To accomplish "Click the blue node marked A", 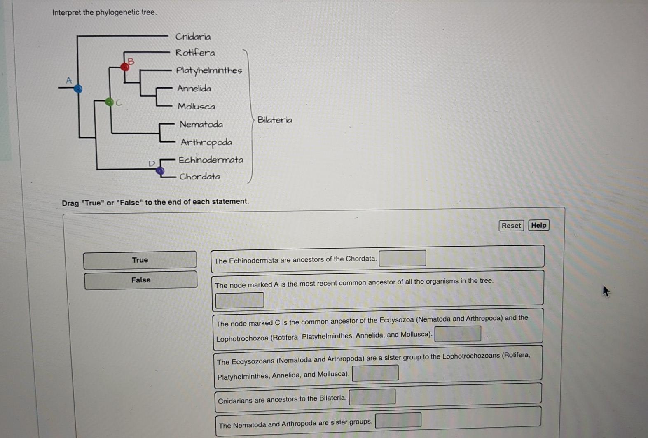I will tap(78, 89).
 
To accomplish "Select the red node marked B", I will tap(125, 66).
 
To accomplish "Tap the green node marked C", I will tap(109, 102).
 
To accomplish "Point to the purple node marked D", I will tap(160, 170).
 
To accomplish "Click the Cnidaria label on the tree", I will tap(193, 37).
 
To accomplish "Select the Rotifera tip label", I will tap(195, 53).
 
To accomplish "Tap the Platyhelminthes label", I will tap(209, 70).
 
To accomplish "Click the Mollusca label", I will tap(196, 107).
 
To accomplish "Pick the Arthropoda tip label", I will tap(206, 142).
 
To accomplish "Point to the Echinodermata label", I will tap(211, 160).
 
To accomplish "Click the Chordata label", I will tap(200, 177).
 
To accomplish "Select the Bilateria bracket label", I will tap(275, 120).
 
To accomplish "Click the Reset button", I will tap(511, 226).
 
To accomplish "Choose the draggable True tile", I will tap(140, 260).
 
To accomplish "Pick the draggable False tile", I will tap(140, 280).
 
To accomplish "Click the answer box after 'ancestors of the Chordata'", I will tap(402, 259).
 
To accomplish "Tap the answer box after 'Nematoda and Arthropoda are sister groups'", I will tap(398, 420).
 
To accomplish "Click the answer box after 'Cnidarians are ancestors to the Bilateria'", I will tap(372, 397).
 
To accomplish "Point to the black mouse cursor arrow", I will tap(606, 291).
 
